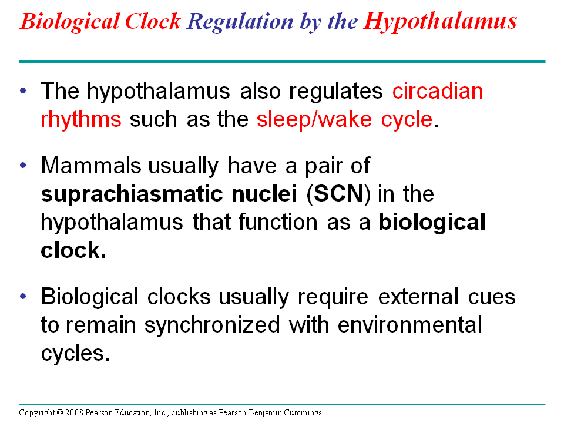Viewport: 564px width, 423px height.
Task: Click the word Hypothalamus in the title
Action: (440, 22)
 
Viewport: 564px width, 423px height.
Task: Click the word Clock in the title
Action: (155, 22)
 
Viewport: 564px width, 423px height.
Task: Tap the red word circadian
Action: (438, 92)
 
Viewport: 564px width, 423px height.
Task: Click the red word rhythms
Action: (81, 119)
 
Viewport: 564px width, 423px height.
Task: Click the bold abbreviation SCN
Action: (340, 194)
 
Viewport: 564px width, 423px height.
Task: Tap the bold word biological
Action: (432, 222)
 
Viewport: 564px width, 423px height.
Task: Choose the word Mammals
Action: (91, 166)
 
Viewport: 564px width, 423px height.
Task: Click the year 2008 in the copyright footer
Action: (74, 413)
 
